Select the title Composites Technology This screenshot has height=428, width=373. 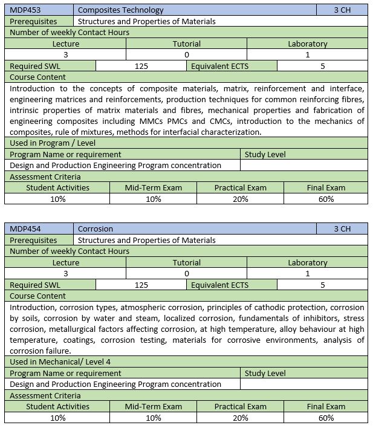pos(121,10)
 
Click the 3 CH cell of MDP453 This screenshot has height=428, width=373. pos(342,10)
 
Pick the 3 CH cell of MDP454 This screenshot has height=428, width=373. pos(342,229)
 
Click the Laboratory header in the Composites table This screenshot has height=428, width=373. pos(307,44)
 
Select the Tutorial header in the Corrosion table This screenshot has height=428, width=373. pos(186,262)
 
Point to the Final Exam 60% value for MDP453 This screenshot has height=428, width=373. pos(326,199)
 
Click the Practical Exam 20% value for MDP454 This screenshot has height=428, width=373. pos(240,418)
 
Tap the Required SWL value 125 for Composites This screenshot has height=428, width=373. pos(141,66)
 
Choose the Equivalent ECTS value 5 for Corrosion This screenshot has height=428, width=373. pos(323,285)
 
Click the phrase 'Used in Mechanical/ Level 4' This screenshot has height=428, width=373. pos(60,362)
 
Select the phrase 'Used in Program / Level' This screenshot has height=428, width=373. pos(53,143)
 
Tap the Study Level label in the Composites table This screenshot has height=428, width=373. pos(265,154)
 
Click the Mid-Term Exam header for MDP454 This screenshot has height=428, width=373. pos(154,406)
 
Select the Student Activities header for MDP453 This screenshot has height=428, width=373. pos(57,187)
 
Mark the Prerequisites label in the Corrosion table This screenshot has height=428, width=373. pos(34,240)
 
